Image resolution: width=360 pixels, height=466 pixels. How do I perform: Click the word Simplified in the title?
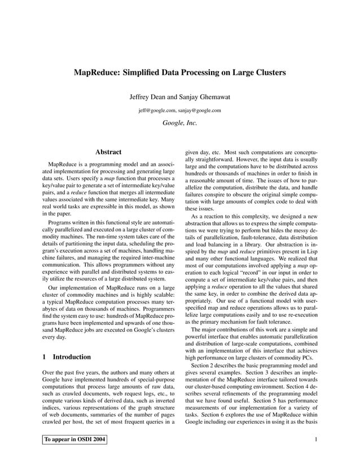(x=142, y=73)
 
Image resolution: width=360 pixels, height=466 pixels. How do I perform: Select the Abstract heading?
(x=108, y=152)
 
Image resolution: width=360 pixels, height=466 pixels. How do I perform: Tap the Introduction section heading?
(x=72, y=357)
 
